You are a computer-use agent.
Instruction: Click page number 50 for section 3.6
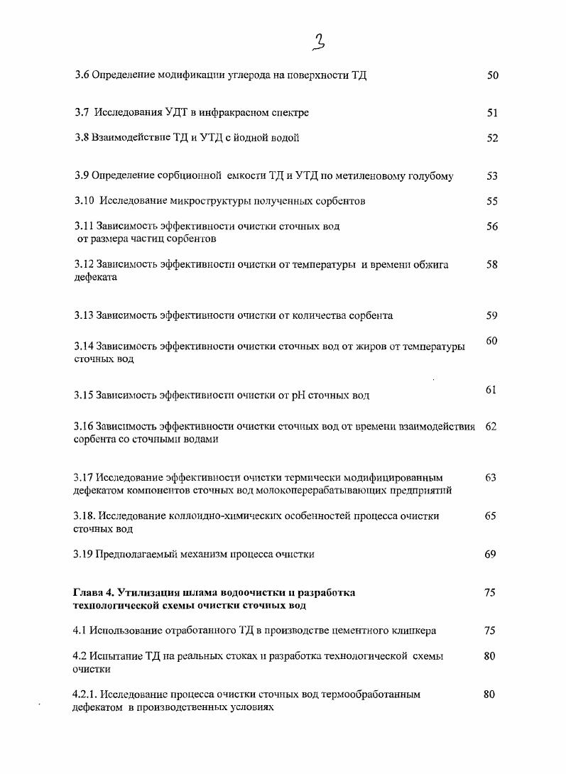click(492, 75)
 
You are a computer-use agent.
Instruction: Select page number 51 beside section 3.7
click(492, 112)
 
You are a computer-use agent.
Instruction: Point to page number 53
click(492, 176)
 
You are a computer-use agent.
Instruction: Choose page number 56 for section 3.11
click(492, 227)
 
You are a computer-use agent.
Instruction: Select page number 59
click(492, 315)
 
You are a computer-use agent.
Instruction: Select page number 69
click(491, 554)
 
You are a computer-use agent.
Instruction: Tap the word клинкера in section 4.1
click(415, 631)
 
